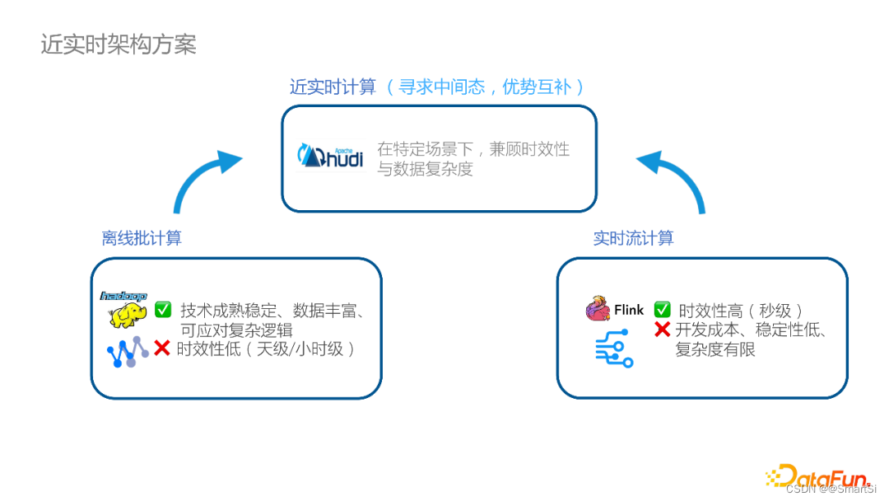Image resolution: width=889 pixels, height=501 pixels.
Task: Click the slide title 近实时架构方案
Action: click(119, 44)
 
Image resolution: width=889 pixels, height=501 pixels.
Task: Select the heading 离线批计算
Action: click(142, 238)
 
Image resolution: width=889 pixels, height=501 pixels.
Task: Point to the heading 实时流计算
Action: click(633, 238)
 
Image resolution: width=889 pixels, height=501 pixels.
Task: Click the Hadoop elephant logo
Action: click(124, 309)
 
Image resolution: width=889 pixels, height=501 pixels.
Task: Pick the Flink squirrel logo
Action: click(598, 310)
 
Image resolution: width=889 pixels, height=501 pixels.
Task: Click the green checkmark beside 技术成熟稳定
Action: click(163, 310)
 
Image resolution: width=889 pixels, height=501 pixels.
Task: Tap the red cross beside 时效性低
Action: click(162, 349)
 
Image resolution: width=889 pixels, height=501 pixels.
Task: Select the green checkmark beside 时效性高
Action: click(662, 310)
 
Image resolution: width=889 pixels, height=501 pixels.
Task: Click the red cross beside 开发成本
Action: click(662, 330)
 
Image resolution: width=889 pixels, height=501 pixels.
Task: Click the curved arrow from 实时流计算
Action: click(674, 178)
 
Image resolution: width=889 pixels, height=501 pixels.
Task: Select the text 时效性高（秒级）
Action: click(740, 311)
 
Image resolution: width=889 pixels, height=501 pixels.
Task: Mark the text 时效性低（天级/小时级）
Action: click(268, 349)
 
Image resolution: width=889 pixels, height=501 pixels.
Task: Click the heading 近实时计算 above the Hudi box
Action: click(333, 87)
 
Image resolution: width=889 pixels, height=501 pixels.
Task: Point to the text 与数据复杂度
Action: click(425, 170)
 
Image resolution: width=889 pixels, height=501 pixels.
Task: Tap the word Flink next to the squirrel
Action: click(629, 311)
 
